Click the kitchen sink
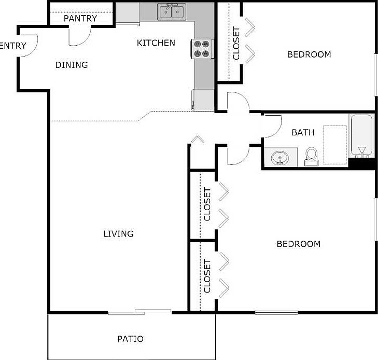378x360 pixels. click(x=172, y=11)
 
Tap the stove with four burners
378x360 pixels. click(x=201, y=49)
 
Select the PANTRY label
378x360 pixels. click(x=80, y=19)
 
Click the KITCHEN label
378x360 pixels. click(x=156, y=43)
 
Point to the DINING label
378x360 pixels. click(x=72, y=65)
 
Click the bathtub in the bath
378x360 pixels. click(x=361, y=135)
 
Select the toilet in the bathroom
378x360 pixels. click(x=312, y=155)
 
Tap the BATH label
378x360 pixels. click(x=303, y=132)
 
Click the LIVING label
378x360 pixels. click(x=118, y=233)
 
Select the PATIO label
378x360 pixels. click(x=130, y=339)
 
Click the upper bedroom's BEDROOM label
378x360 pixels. click(x=309, y=54)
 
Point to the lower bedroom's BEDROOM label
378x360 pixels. click(x=298, y=244)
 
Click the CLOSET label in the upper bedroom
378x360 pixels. click(x=236, y=44)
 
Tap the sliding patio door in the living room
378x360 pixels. click(x=140, y=312)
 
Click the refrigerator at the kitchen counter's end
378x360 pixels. click(x=203, y=100)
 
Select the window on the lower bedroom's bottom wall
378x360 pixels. click(x=276, y=312)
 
